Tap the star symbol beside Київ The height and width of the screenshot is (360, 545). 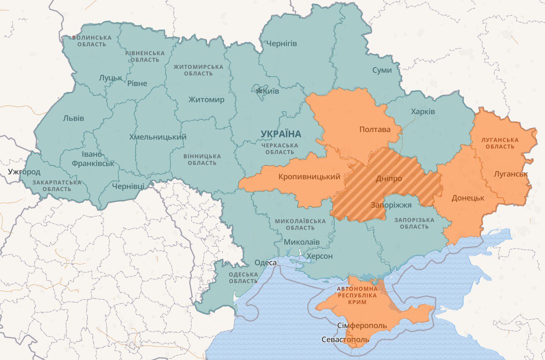(259, 91)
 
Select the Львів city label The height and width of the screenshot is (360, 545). (73, 118)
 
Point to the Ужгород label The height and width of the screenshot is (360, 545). (24, 172)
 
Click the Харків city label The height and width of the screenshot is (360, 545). (423, 111)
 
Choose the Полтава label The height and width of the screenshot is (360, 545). (375, 130)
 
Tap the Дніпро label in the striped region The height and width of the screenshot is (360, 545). (389, 179)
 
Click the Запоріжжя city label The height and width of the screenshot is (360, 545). (391, 205)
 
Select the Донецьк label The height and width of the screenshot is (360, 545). (468, 198)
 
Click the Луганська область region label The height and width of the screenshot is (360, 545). (500, 143)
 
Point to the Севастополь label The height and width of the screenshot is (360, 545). (345, 340)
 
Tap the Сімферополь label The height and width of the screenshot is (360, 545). (362, 326)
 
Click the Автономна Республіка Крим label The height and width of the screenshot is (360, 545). (358, 295)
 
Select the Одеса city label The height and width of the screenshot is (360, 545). (266, 263)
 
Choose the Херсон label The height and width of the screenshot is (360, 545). (320, 256)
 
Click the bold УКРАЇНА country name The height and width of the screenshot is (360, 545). (281, 134)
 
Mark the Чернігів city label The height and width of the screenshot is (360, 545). (282, 43)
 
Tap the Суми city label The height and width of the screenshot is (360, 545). (382, 70)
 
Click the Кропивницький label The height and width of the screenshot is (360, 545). (309, 177)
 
